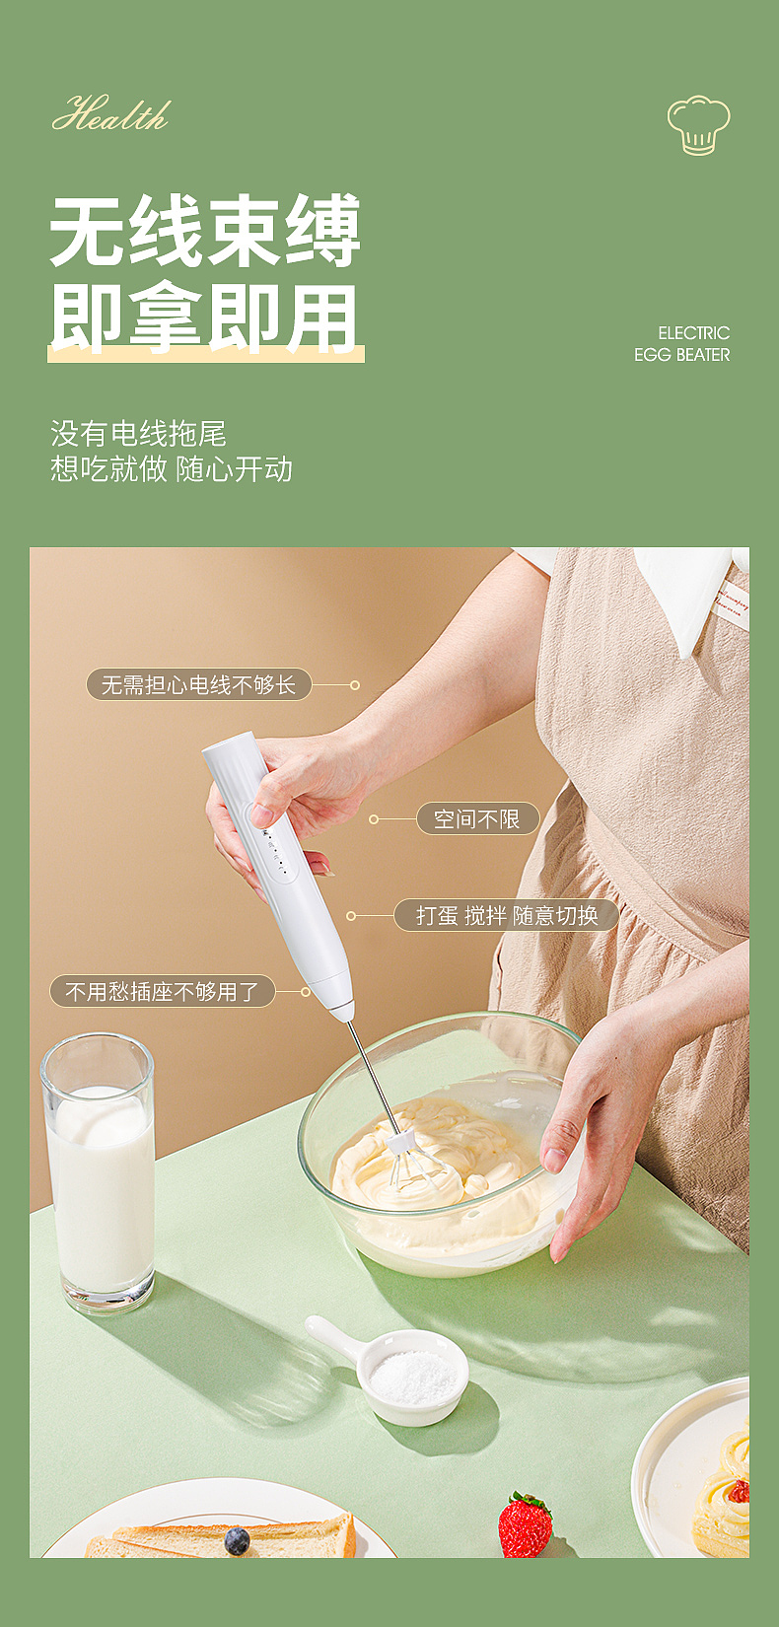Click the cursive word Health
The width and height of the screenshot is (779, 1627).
[110, 115]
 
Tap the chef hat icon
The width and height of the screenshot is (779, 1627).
[698, 125]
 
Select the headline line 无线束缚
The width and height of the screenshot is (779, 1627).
[205, 232]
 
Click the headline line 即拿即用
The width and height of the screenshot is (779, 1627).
[204, 318]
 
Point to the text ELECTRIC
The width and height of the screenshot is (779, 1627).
[693, 333]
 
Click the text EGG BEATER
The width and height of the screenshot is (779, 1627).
[681, 355]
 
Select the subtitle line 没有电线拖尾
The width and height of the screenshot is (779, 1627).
[138, 433]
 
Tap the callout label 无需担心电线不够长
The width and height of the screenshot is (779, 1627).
[198, 684]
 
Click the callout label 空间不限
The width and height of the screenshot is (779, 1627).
[476, 818]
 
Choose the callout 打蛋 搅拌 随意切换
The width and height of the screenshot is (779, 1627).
[506, 915]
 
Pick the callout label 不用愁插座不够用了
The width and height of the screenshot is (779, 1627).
[162, 991]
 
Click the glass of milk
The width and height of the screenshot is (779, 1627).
[99, 1173]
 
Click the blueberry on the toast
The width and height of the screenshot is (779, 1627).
[237, 1540]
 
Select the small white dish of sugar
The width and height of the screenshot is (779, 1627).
[412, 1376]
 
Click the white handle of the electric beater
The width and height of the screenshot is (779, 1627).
[286, 878]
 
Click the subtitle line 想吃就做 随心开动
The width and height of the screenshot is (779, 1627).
[172, 468]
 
